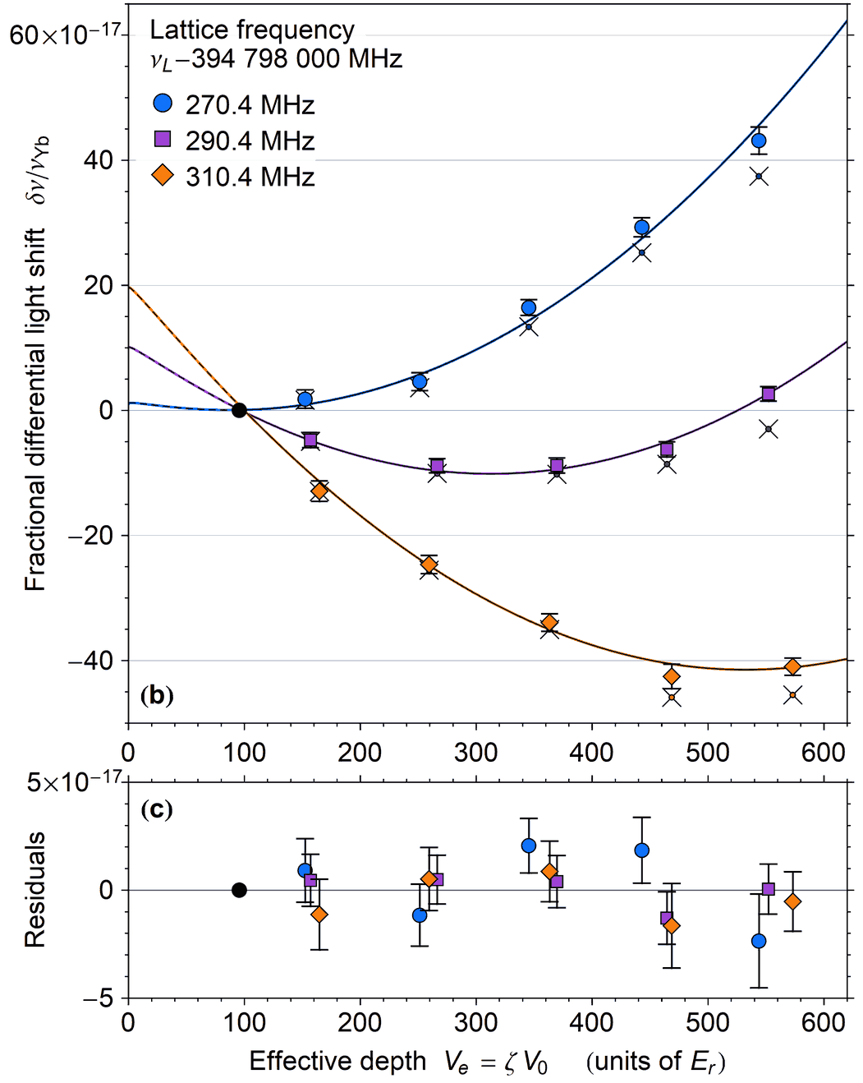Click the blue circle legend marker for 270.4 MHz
[x=163, y=103]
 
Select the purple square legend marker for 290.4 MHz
[x=163, y=139]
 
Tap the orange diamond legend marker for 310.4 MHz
[x=163, y=175]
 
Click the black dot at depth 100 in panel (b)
[x=239, y=410]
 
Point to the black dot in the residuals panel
[x=239, y=890]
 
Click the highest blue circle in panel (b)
[x=759, y=141]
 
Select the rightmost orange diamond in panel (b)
[x=792, y=666]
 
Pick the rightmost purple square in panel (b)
[x=769, y=394]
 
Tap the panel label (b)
[x=157, y=696]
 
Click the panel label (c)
[x=157, y=809]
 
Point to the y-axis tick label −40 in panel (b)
[x=90, y=661]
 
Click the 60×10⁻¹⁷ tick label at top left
[x=64, y=35]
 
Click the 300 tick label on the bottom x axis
[x=475, y=1023]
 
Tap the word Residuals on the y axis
[x=34, y=890]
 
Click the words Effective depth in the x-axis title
[x=337, y=1062]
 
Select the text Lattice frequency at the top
[x=252, y=30]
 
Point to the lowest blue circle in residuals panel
[x=759, y=941]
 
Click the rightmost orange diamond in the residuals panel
[x=792, y=901]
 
